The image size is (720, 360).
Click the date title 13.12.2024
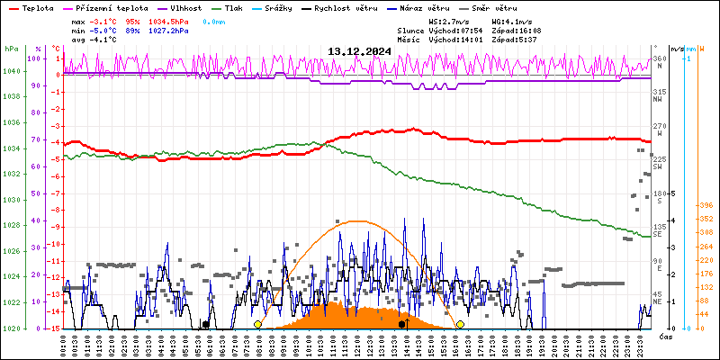pyautogui.click(x=359, y=51)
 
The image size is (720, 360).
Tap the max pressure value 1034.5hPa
pyautogui.click(x=166, y=20)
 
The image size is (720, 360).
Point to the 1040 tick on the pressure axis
pyautogui.click(x=12, y=71)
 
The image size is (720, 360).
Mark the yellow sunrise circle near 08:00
pyautogui.click(x=258, y=324)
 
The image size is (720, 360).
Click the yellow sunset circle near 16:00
pyautogui.click(x=460, y=324)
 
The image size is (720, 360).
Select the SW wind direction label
pyautogui.click(x=658, y=166)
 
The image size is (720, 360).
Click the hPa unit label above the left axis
pyautogui.click(x=11, y=49)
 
